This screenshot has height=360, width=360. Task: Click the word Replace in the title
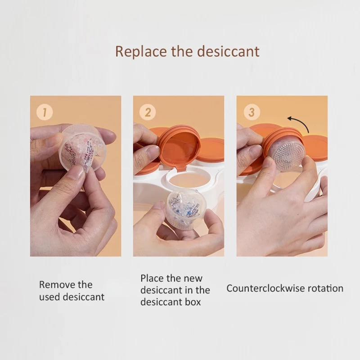tap(140, 51)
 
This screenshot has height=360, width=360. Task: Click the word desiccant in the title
tap(229, 51)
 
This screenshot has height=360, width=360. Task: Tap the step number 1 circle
tap(45, 112)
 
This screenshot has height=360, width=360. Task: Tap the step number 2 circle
tap(148, 112)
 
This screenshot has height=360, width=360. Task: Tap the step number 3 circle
tap(251, 112)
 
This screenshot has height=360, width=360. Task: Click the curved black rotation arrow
tap(301, 121)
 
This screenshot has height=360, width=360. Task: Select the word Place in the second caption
tap(152, 278)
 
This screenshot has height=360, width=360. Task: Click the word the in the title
tap(182, 51)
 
